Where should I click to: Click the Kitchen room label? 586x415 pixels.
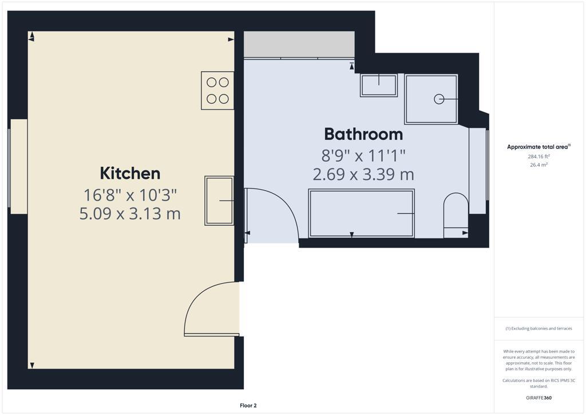(x=130, y=173)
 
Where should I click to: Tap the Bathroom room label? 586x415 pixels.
(x=363, y=134)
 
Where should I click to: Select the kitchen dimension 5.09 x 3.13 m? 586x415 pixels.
(x=130, y=214)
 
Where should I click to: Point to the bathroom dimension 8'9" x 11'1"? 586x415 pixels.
(x=363, y=155)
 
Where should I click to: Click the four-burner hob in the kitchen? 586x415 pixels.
(x=217, y=91)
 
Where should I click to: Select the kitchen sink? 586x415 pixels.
(x=219, y=201)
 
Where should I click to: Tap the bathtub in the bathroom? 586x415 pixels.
(x=361, y=213)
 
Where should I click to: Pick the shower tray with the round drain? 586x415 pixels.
(x=431, y=99)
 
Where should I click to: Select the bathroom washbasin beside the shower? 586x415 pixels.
(x=378, y=85)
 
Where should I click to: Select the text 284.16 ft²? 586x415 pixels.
(x=539, y=156)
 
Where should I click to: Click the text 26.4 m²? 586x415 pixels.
(x=539, y=165)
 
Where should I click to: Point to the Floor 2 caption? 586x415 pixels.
(x=248, y=406)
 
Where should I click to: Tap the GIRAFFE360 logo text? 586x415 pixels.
(x=539, y=398)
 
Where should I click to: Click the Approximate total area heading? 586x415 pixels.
(x=538, y=147)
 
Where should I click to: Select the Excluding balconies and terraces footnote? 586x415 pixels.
(x=539, y=328)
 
